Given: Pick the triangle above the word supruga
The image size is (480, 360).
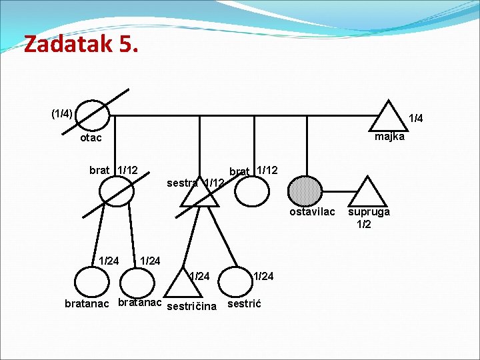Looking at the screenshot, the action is (x=367, y=193).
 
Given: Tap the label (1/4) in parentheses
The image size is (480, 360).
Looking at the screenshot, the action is (x=62, y=113).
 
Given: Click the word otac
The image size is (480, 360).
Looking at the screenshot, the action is (x=91, y=138).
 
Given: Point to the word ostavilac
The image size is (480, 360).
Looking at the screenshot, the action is (x=312, y=212).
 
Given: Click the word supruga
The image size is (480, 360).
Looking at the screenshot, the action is (x=369, y=212).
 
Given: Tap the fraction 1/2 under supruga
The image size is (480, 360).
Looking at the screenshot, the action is (x=364, y=224).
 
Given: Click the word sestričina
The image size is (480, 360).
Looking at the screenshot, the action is (x=191, y=307).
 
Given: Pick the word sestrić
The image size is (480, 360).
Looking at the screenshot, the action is (x=245, y=304).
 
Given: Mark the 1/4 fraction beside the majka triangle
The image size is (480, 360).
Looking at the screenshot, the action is (x=416, y=119).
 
